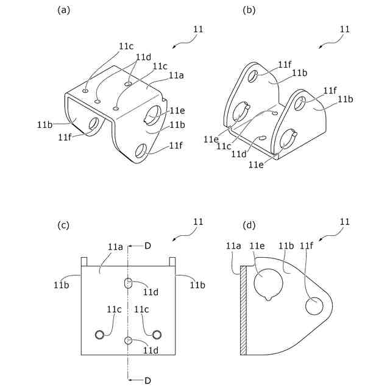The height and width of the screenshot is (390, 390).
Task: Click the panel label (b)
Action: [x=249, y=10]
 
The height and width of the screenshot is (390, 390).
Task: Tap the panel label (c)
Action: [x=63, y=225]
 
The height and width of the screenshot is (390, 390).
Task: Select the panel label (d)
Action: [x=249, y=225]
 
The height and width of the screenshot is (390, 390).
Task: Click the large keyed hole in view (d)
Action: [x=268, y=282]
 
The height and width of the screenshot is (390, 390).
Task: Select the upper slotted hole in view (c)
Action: [x=128, y=283]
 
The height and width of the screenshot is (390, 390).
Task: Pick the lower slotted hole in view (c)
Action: [x=128, y=341]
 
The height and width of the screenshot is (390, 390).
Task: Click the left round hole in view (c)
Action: [x=99, y=334]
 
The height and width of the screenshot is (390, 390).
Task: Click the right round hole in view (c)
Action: [x=157, y=334]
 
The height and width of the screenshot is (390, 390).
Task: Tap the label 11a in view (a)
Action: [x=176, y=75]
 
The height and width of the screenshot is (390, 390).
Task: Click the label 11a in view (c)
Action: [x=116, y=247]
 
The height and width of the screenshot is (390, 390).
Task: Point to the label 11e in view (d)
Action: [x=258, y=246]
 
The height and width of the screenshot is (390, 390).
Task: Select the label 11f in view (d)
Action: [x=307, y=246]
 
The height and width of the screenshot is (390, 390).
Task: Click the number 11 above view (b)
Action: [x=344, y=29]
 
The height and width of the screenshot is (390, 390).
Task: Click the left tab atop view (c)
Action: [x=85, y=261]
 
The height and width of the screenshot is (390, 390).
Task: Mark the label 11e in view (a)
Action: [x=177, y=110]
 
